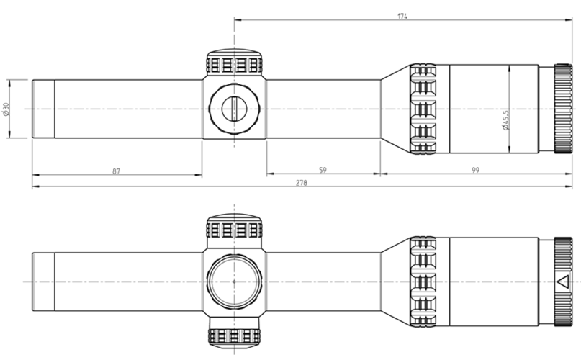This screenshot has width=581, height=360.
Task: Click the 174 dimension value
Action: tap(402, 16)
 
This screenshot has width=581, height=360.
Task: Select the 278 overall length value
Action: tap(301, 183)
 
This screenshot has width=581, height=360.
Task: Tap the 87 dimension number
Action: tap(117, 171)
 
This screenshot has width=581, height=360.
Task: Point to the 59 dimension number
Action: tap(323, 170)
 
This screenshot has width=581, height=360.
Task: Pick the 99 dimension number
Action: tap(475, 170)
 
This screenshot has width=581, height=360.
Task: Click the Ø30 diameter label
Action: tap(5, 109)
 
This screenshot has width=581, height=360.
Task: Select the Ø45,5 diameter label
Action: tap(505, 120)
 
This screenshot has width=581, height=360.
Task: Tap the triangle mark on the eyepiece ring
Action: tap(562, 282)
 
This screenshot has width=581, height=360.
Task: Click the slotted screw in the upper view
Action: tap(234, 109)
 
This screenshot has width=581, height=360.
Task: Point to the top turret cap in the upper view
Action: tap(234, 63)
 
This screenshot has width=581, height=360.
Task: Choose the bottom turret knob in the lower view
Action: tap(234, 338)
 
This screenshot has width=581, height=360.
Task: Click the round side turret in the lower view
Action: tap(234, 282)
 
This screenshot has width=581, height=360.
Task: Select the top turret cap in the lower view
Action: tap(234, 227)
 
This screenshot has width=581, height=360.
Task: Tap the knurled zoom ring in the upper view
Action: tap(423, 109)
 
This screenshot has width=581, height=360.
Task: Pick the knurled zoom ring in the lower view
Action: tap(423, 282)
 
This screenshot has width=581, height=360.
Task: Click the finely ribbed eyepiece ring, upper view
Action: tap(563, 109)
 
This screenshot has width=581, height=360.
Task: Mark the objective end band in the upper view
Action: tap(43, 109)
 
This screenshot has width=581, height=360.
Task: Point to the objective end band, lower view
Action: tap(43, 282)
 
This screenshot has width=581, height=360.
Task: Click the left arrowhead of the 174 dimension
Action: tap(238, 20)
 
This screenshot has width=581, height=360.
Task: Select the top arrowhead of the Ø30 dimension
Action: tap(9, 83)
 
